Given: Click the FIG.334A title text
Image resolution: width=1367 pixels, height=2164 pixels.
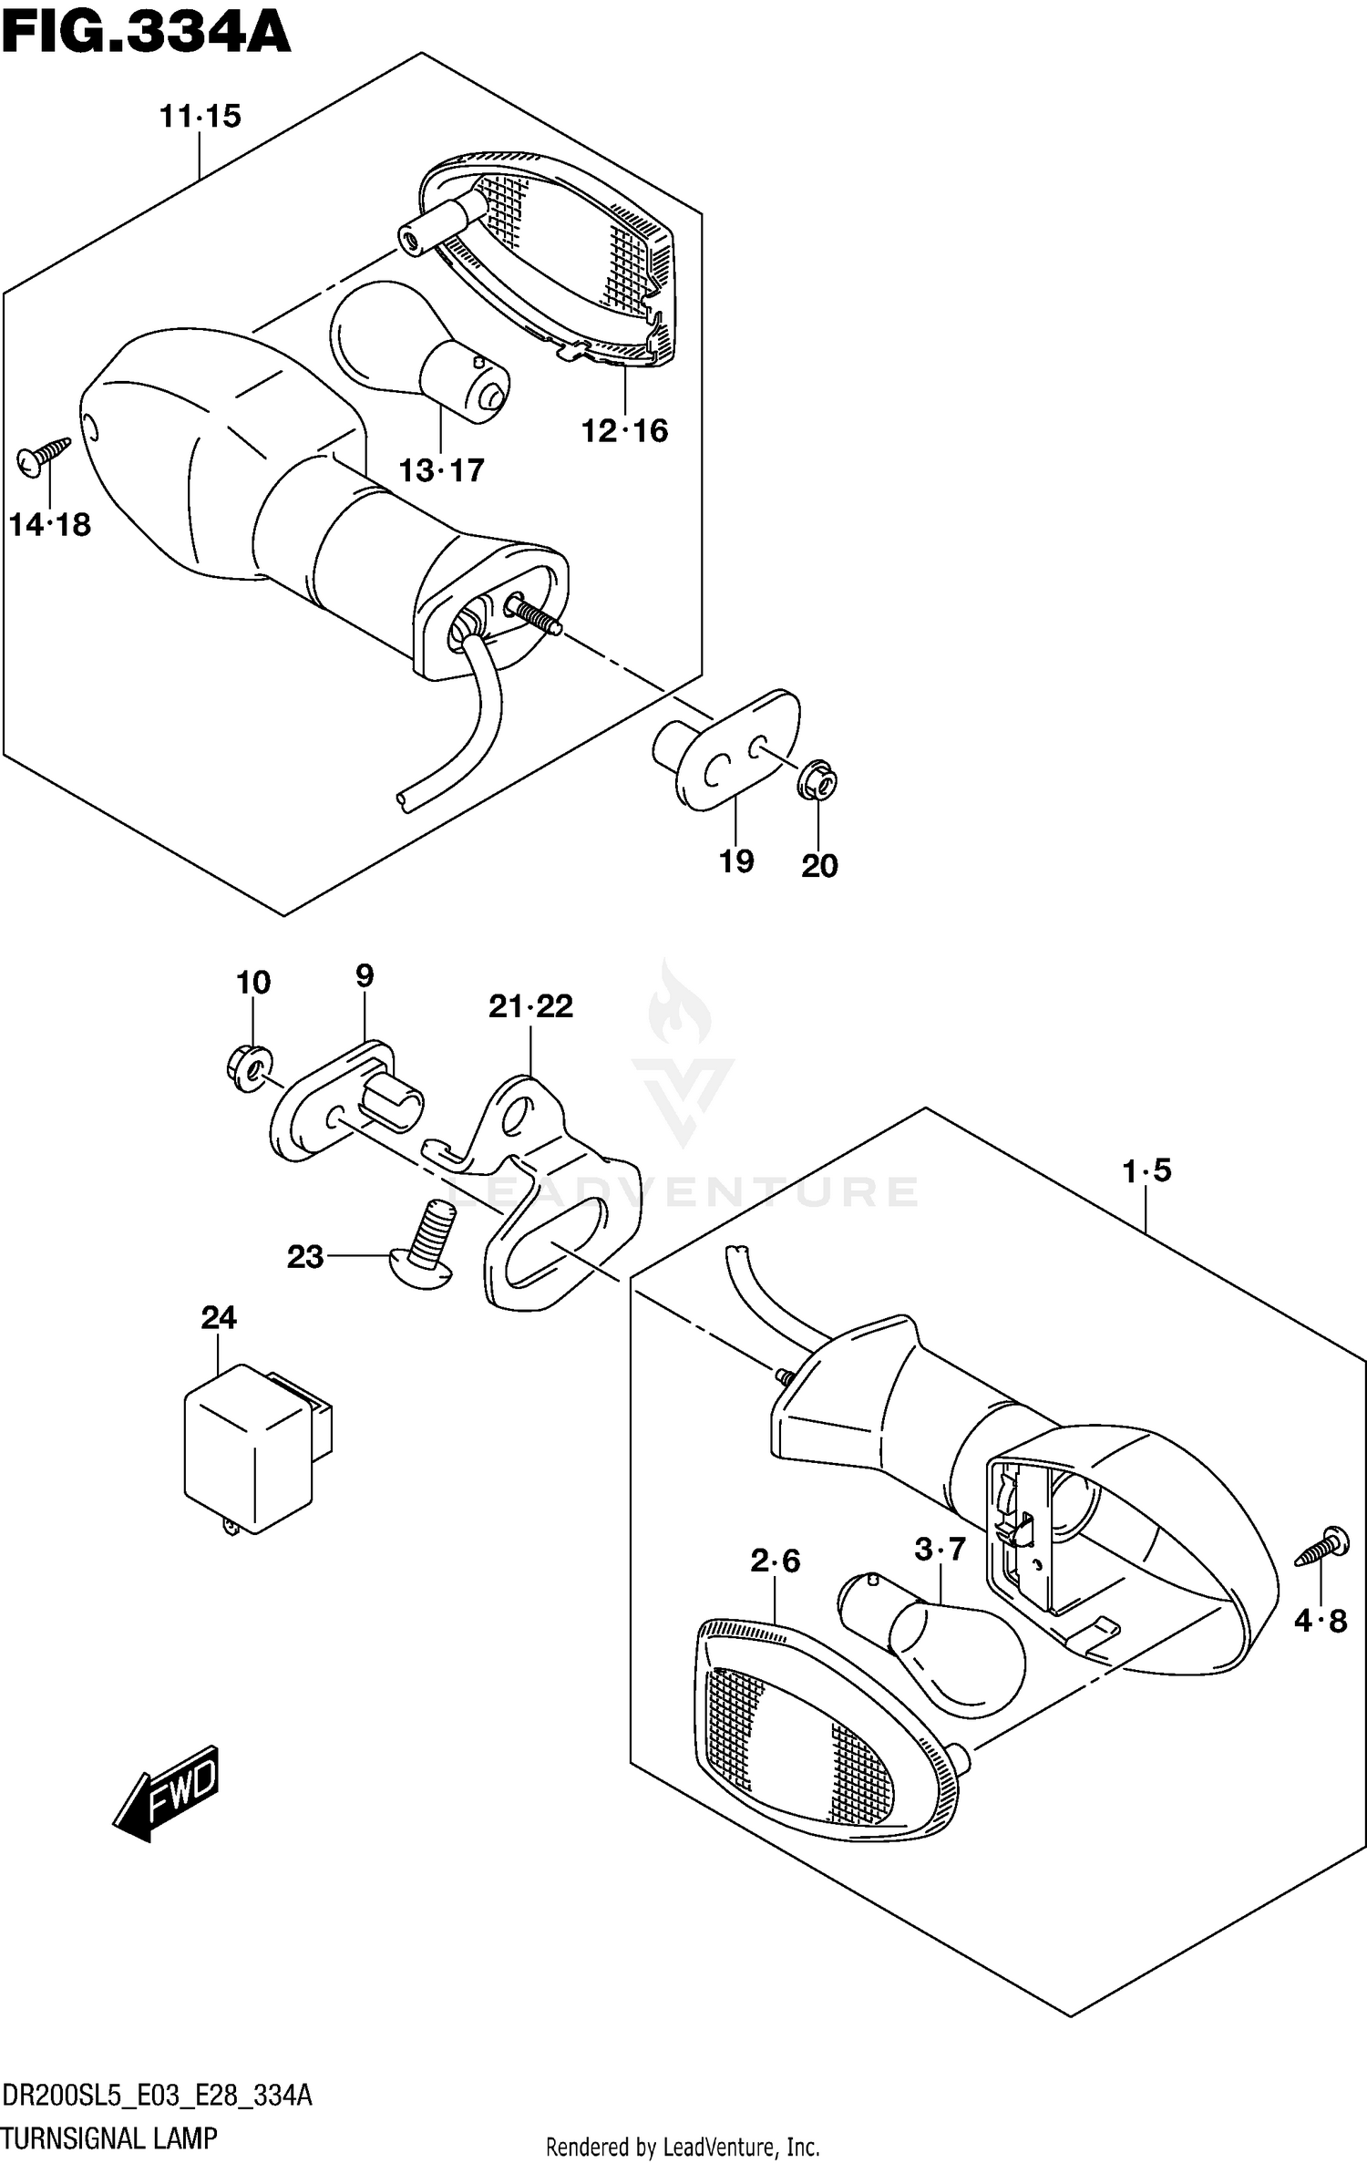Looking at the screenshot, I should point(146,35).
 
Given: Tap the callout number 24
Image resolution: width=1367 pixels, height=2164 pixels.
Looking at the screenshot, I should point(219,1317).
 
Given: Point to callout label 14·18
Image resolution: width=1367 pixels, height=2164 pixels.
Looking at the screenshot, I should point(50,525).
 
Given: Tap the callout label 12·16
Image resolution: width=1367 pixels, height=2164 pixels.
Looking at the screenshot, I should point(625,430).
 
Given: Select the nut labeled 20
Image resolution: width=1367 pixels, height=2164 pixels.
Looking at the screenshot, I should point(817,782).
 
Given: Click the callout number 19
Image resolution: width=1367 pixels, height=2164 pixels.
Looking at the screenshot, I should point(736,860).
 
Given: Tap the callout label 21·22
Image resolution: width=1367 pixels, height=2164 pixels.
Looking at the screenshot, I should point(530,1006).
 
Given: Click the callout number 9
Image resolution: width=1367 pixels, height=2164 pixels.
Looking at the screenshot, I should point(365,976).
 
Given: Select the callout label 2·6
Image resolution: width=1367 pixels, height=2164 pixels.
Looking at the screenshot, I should point(775,1561).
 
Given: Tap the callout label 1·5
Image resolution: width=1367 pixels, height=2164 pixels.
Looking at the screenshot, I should point(1147,1170).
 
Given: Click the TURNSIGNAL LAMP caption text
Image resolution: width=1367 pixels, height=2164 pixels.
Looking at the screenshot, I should point(109,2130).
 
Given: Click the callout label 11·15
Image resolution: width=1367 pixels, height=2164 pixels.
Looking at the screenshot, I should point(200,117).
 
